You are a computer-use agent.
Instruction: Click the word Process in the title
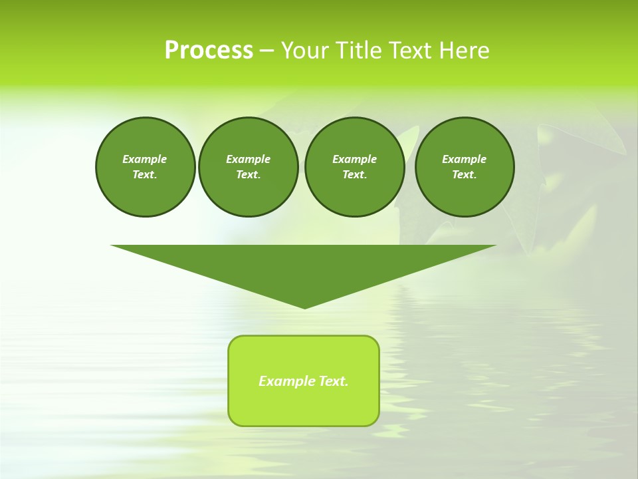point(209,51)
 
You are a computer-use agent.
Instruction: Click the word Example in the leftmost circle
point(145,159)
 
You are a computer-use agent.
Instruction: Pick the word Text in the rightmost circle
point(465,174)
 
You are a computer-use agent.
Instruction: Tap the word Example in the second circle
point(249,159)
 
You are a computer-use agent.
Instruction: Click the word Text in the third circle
point(354,174)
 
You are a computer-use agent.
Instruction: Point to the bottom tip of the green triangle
point(304,307)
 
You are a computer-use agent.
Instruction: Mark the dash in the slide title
point(266,51)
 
